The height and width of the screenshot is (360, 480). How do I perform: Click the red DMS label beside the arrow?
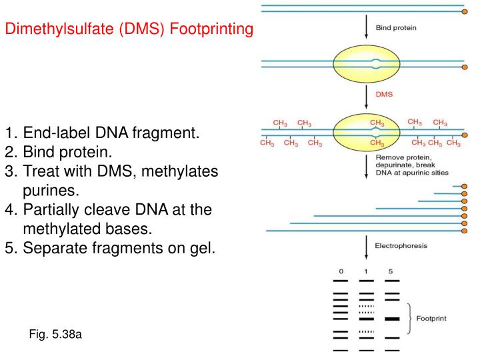[x=385, y=94]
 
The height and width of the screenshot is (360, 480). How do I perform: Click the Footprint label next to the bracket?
[x=431, y=319]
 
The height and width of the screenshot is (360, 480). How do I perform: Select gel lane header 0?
[x=341, y=271]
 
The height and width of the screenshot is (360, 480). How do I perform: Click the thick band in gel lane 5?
[x=391, y=319]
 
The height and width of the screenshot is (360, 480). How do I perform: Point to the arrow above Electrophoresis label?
[x=366, y=247]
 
